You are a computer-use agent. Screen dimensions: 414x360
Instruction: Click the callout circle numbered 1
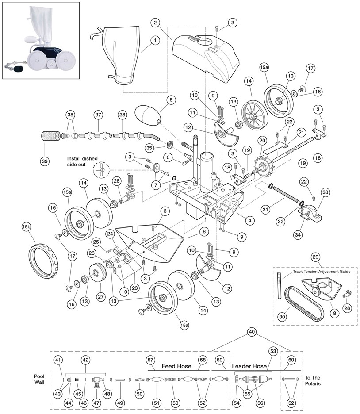(x=155, y=40)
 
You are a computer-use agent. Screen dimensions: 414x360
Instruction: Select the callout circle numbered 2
(x=155, y=23)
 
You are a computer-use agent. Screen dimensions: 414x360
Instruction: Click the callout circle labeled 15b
(x=26, y=227)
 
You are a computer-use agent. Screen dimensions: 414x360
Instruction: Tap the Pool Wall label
(x=40, y=379)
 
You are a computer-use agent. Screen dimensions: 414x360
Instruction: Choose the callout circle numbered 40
(x=252, y=332)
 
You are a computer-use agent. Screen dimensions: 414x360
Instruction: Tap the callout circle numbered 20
(x=262, y=140)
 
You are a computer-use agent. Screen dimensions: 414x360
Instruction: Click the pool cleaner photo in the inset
(x=40, y=40)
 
